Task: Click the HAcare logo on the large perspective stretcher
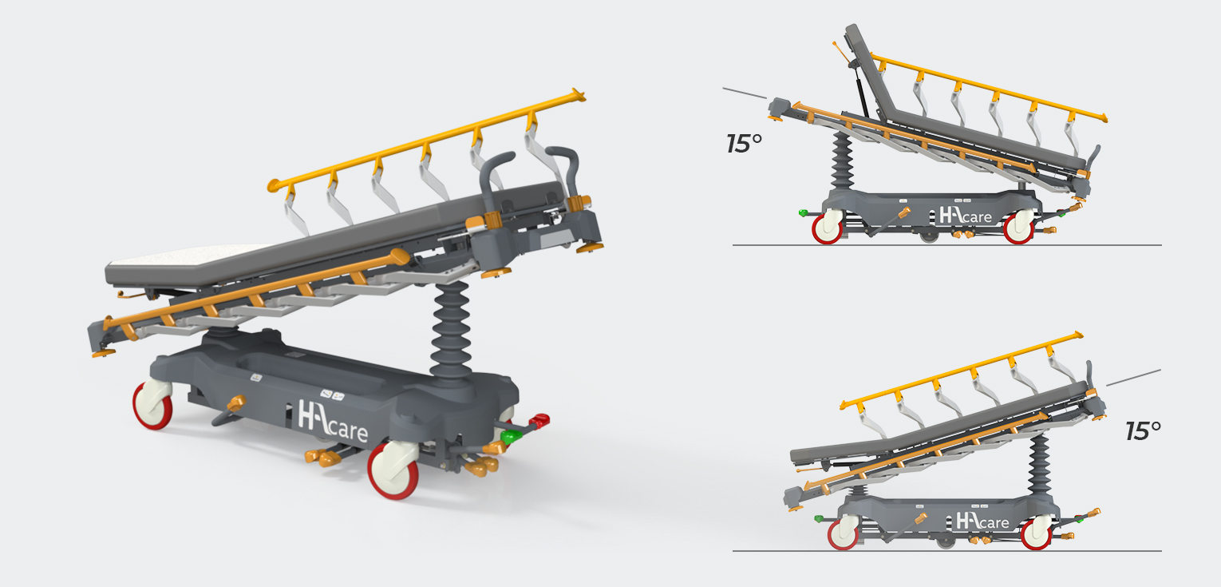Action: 333,421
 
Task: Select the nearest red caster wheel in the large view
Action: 393,470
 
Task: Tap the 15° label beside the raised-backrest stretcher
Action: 744,144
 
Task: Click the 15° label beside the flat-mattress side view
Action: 1143,431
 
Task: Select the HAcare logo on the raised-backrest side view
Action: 966,216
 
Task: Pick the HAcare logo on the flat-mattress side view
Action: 983,521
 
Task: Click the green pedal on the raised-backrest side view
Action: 803,212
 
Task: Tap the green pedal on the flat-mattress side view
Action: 818,518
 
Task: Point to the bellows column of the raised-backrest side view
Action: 842,162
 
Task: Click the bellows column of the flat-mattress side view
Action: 1039,465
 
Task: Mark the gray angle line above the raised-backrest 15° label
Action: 745,93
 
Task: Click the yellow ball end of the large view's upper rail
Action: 273,185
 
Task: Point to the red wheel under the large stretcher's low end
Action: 153,405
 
